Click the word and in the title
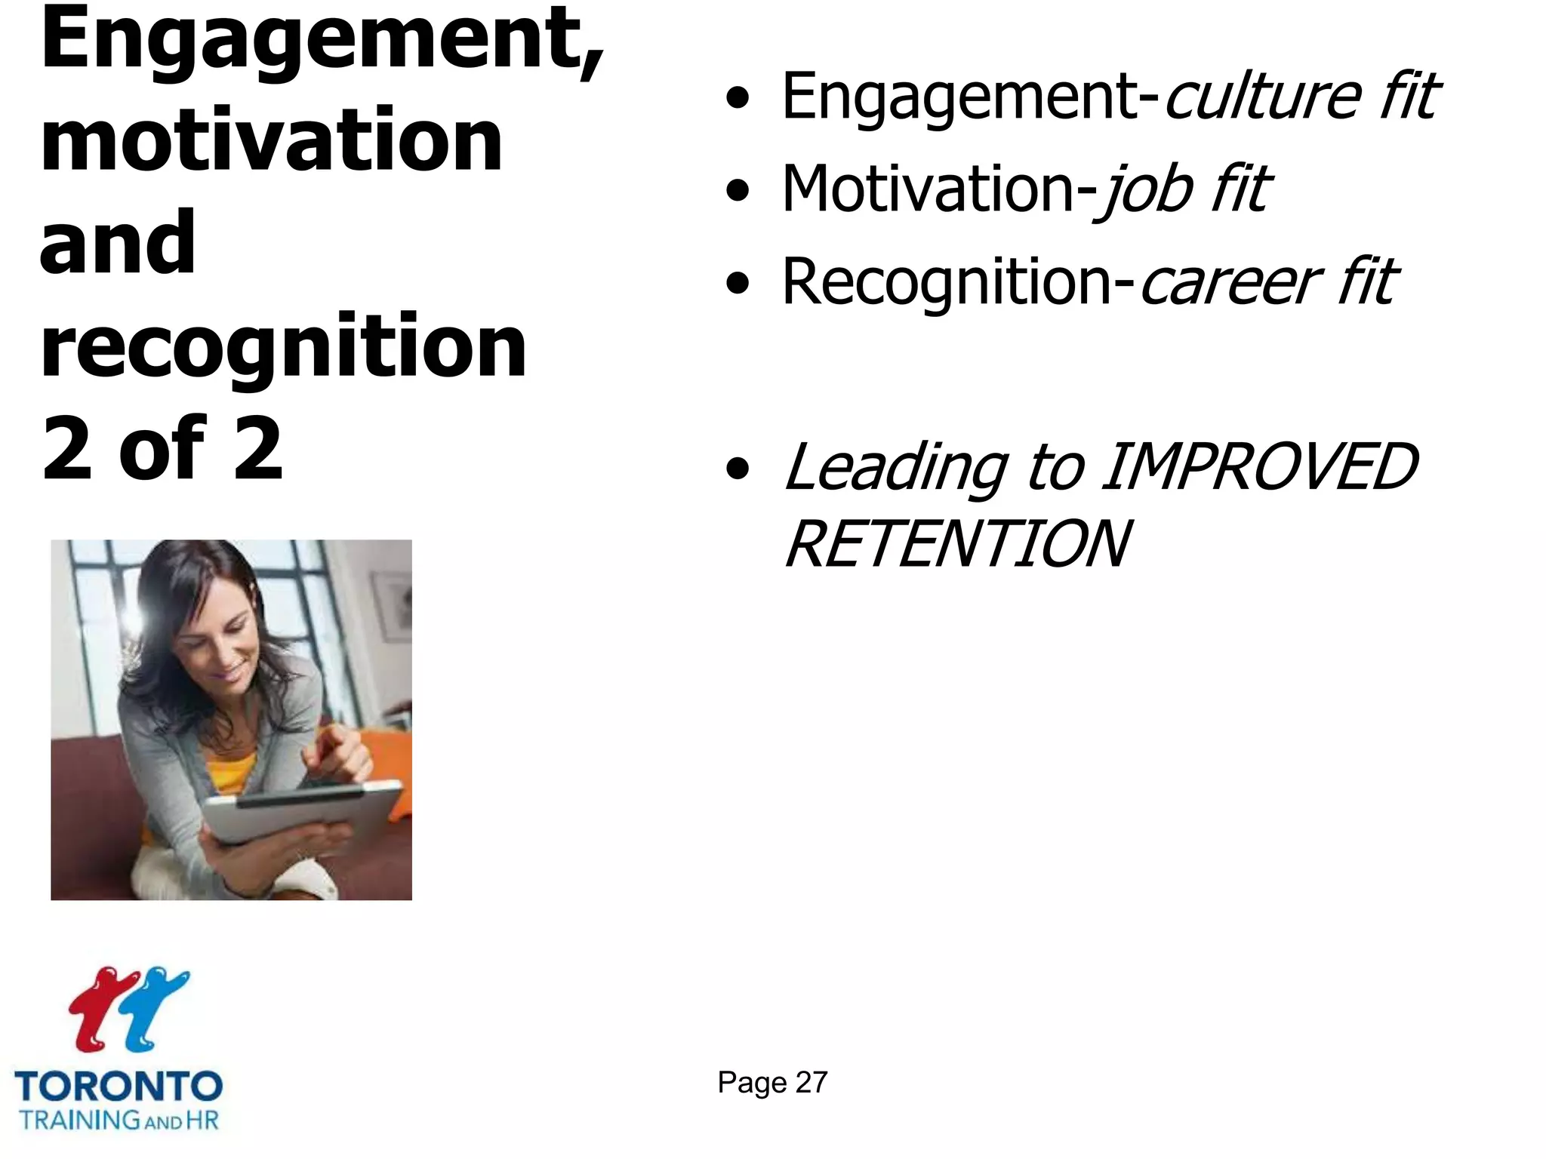coord(118,243)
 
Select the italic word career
coord(1230,281)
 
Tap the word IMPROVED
coord(1260,467)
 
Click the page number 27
coord(811,1083)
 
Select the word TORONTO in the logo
coord(119,1087)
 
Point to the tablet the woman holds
coord(302,815)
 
